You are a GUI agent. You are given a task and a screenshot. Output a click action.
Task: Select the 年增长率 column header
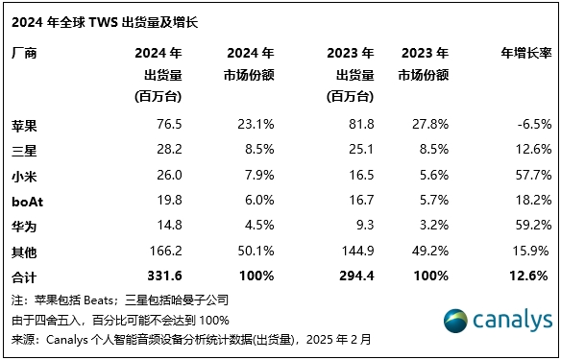point(525,53)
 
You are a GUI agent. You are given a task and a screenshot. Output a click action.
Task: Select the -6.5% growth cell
point(532,124)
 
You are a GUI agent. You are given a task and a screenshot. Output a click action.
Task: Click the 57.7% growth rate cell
point(530,174)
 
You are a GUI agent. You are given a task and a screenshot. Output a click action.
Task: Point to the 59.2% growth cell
point(530,223)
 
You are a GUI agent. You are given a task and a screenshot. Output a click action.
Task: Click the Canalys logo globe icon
point(456,321)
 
